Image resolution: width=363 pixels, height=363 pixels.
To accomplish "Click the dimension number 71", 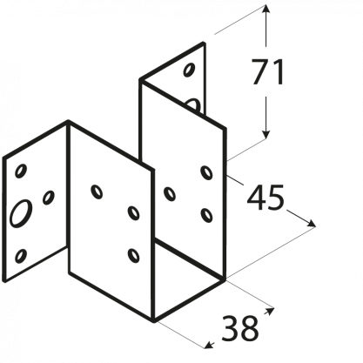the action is tap(267, 71).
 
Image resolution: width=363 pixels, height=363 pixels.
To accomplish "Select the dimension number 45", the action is tap(266, 198).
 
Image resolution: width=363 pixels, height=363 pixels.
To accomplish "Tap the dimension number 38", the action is tap(239, 328).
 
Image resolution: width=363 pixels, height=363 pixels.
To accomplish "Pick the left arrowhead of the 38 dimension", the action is tap(208, 346).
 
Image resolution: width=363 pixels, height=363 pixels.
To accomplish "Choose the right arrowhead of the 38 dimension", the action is tap(270, 311).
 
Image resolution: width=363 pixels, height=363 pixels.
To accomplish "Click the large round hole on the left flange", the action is tap(21, 212).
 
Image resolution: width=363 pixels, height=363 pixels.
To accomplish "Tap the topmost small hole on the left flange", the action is tap(21, 171).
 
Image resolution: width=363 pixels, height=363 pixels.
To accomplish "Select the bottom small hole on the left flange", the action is tap(21, 256).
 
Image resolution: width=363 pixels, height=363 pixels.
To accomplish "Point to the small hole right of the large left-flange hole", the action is tap(49, 198).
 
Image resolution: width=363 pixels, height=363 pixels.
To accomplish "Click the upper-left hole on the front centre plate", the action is tap(97, 192).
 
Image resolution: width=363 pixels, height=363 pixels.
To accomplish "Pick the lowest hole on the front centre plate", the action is tap(133, 256).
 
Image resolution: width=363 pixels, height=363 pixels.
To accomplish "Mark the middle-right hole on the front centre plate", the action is tap(133, 213).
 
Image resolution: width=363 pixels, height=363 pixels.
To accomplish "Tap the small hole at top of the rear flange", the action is tap(189, 70).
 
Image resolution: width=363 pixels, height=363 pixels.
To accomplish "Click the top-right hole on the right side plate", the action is tap(206, 172).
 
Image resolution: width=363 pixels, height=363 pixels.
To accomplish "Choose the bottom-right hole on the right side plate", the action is tap(206, 215).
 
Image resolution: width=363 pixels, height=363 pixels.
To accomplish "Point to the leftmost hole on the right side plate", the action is tap(170, 194).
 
